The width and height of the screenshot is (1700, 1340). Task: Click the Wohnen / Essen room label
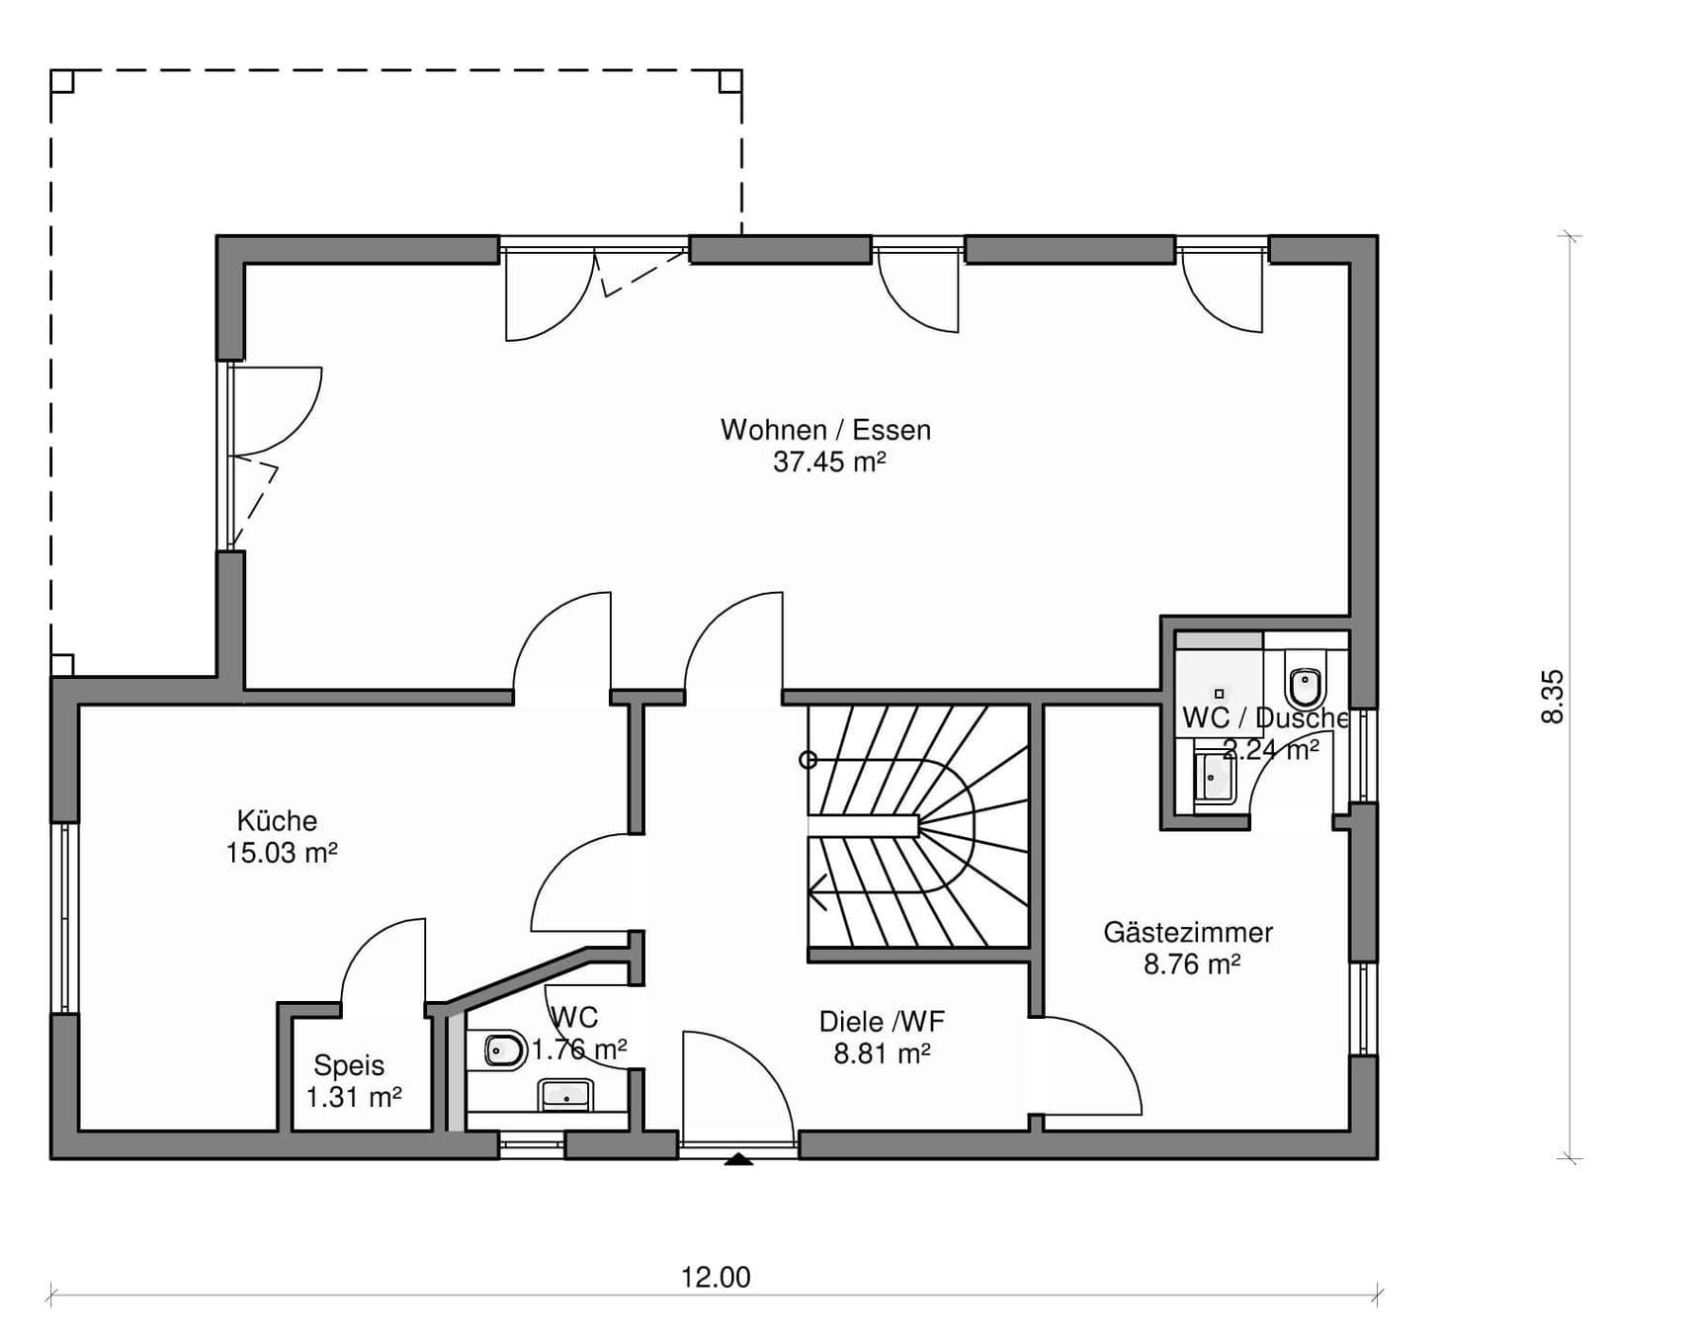tap(825, 430)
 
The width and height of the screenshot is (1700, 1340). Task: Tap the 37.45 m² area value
tap(829, 461)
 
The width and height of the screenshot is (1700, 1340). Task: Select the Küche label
tap(277, 820)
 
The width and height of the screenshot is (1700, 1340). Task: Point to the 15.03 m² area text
tap(282, 852)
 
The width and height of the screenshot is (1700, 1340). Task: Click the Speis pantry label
tap(349, 1065)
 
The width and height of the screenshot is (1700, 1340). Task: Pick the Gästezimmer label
tap(1188, 932)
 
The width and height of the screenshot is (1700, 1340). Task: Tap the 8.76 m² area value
tap(1192, 963)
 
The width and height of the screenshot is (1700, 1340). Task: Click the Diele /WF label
tap(882, 1021)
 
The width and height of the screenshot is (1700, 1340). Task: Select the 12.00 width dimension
tap(716, 1277)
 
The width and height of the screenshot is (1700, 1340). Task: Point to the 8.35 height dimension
tap(1553, 697)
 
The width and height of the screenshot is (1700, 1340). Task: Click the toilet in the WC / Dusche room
tap(1306, 682)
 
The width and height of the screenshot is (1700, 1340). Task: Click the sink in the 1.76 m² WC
tap(566, 1095)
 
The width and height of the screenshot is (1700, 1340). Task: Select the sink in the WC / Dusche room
tap(1215, 778)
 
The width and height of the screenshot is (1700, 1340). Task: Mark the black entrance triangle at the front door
tap(738, 1159)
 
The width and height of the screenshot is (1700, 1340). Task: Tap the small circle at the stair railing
tap(808, 760)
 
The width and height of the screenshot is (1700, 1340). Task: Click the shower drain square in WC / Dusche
tap(1219, 694)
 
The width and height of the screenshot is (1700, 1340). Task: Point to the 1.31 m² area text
tap(354, 1097)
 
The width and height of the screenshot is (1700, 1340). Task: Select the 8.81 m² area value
tap(882, 1053)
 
